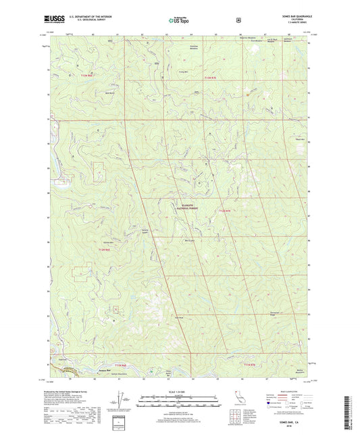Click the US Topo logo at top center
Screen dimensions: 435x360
pyautogui.click(x=179, y=20)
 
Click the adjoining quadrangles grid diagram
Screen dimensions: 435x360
pyautogui.click(x=253, y=409)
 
